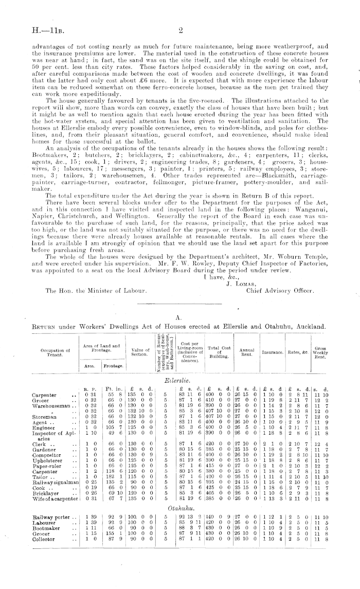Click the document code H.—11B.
tap(47, 31)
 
